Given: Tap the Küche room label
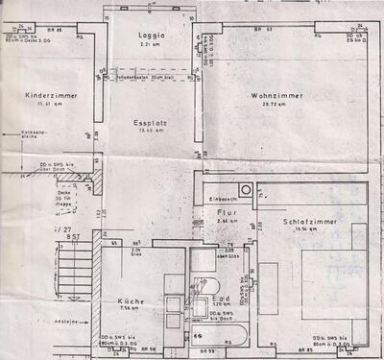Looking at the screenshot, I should [x=131, y=300].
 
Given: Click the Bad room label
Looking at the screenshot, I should [x=219, y=295].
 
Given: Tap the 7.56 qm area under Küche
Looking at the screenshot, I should [x=131, y=309].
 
